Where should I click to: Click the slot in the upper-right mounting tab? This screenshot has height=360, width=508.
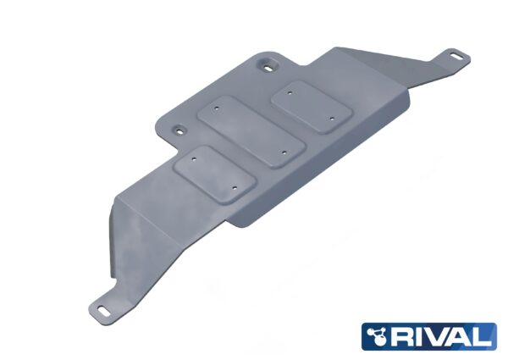[456, 57]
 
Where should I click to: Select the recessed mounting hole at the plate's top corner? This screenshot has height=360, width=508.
[268, 64]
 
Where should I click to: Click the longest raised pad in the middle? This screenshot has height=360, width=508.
[250, 133]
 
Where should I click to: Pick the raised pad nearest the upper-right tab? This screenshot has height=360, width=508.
[311, 106]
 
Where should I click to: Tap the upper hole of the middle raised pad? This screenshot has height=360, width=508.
[219, 109]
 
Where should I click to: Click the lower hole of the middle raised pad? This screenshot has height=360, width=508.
[283, 152]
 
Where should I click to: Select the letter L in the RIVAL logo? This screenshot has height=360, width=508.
[486, 336]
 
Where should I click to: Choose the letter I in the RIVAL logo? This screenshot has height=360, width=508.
[428, 336]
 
